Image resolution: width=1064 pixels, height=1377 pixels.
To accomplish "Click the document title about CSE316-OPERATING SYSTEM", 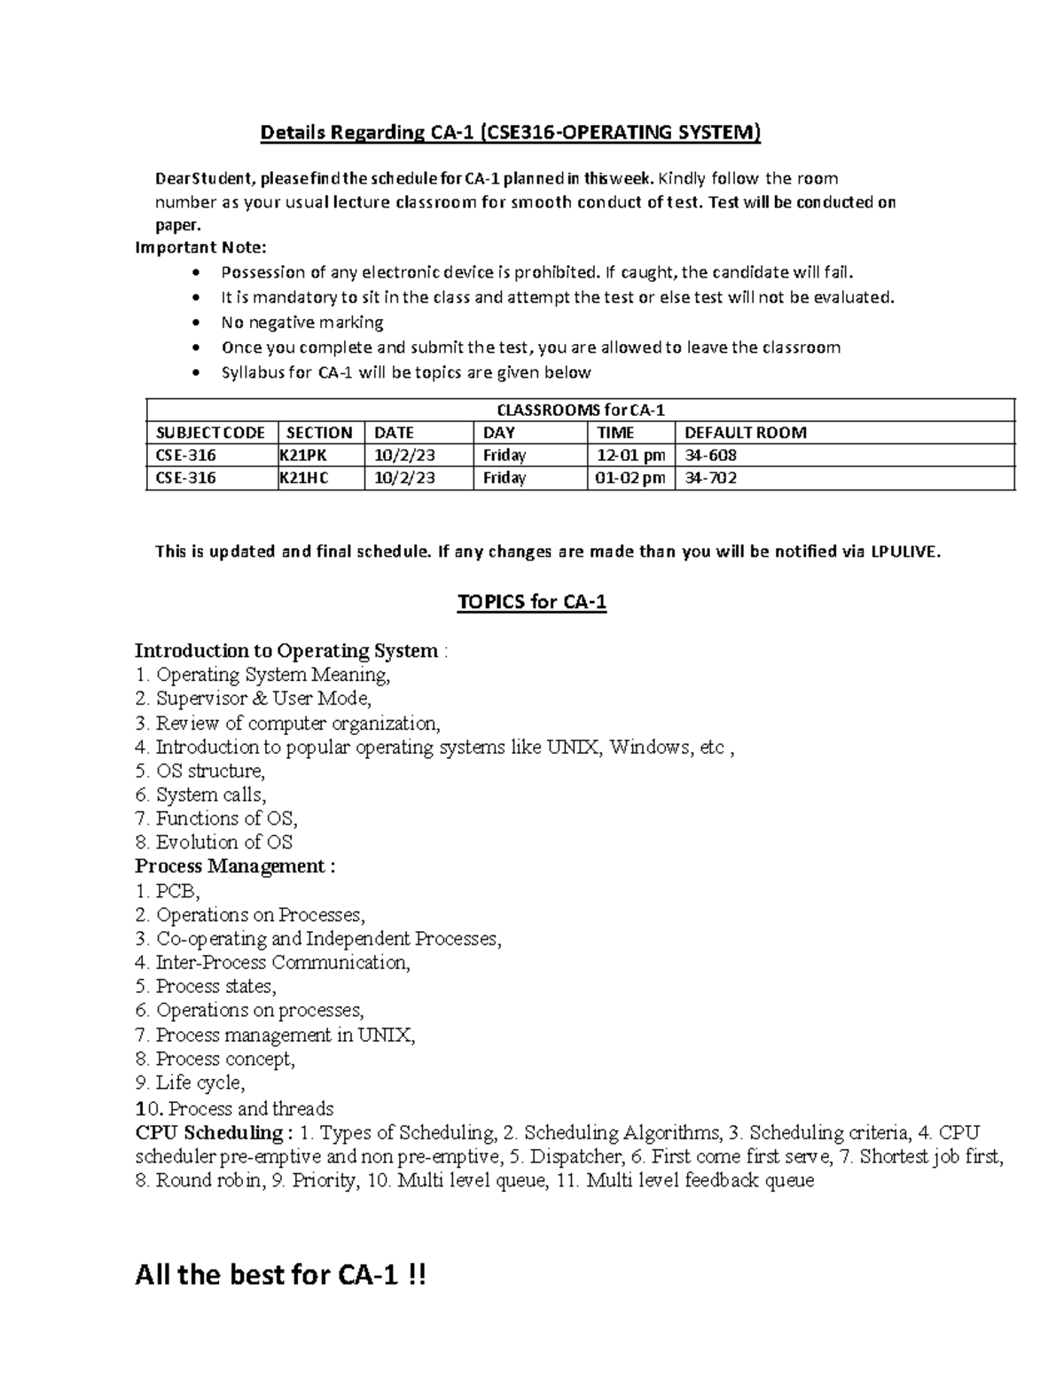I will [510, 133].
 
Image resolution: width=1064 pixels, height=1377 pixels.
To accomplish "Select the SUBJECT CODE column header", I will [210, 433].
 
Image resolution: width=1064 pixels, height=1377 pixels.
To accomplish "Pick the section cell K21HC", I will [305, 479].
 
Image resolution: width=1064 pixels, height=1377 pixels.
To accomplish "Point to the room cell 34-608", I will [705, 456].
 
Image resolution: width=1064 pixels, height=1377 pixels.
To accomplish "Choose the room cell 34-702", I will [705, 479].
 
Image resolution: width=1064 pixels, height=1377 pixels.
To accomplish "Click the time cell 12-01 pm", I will [630, 456].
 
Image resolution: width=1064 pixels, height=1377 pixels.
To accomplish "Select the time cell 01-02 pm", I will [630, 479].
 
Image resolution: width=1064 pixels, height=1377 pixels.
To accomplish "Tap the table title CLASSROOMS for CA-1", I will [580, 411].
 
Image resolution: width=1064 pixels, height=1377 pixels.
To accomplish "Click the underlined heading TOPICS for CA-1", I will [532, 603].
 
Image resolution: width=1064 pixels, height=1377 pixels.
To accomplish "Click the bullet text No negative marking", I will [302, 323].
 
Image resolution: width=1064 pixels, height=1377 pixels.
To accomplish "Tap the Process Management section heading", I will [235, 866].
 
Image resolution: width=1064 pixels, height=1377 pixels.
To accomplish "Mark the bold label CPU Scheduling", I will [213, 1133].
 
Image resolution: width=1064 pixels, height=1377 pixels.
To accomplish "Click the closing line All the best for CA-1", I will [280, 1276].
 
